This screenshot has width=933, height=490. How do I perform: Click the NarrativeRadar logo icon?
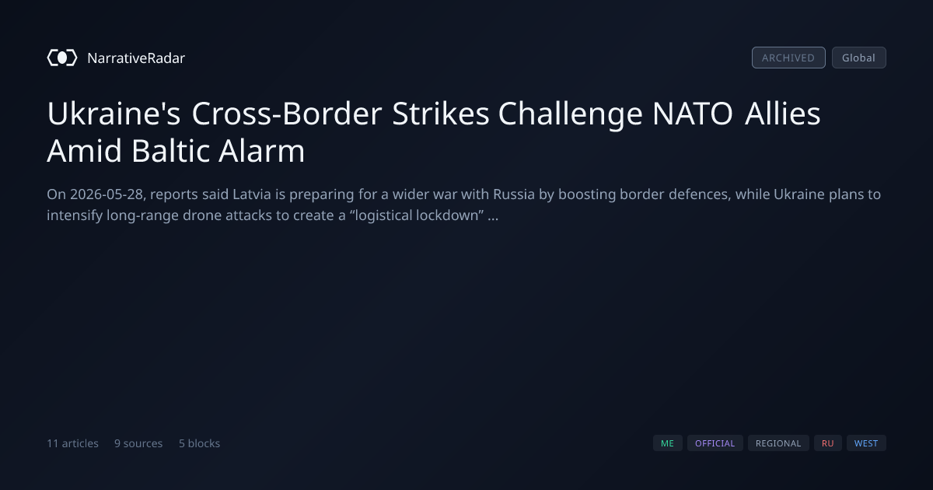[x=62, y=58]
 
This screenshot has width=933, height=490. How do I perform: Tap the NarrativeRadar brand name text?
[x=136, y=58]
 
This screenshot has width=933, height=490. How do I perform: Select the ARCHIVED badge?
[x=788, y=58]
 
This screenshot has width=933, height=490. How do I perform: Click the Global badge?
[x=859, y=58]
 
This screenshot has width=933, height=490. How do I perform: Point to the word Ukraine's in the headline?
[x=114, y=114]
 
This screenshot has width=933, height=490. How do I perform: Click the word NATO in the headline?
[x=692, y=114]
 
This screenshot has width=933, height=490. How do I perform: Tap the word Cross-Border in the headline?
[x=287, y=114]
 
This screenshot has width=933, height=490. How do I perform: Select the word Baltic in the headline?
[x=170, y=150]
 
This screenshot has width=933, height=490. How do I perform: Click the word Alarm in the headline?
[x=261, y=150]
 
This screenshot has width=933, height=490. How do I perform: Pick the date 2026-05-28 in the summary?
[x=107, y=194]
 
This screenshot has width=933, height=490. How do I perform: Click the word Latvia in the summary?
[x=252, y=194]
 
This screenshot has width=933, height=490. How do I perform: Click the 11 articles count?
[x=72, y=443]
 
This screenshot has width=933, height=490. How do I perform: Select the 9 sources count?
[x=138, y=443]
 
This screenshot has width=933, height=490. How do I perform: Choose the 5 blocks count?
[x=199, y=443]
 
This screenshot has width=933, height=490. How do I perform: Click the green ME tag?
[x=667, y=443]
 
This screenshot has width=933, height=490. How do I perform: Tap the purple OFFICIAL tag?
[x=715, y=443]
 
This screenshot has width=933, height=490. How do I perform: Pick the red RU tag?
[x=827, y=443]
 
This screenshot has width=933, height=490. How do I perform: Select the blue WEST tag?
[x=866, y=443]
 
